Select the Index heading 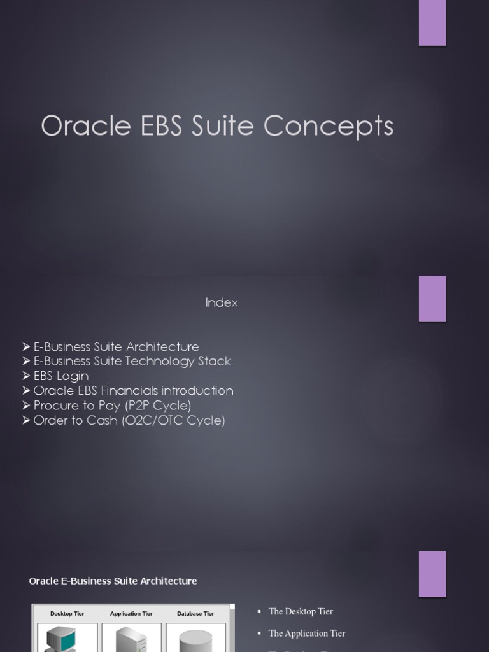point(222,303)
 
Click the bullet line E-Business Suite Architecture point(116,347)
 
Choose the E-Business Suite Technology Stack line point(132,362)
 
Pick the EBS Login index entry point(60,376)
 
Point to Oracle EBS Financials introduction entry point(133,391)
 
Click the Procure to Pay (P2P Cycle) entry point(112,406)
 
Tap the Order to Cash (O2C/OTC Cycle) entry point(129,420)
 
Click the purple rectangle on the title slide point(432,23)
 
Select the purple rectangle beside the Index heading point(432,298)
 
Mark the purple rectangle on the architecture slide point(432,574)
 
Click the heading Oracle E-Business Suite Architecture point(113,581)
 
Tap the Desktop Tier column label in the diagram point(67,614)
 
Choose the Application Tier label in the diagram point(131,614)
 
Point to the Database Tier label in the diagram point(195,614)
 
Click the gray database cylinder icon point(195,640)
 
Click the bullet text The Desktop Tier point(301,612)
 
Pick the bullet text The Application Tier point(307,634)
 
